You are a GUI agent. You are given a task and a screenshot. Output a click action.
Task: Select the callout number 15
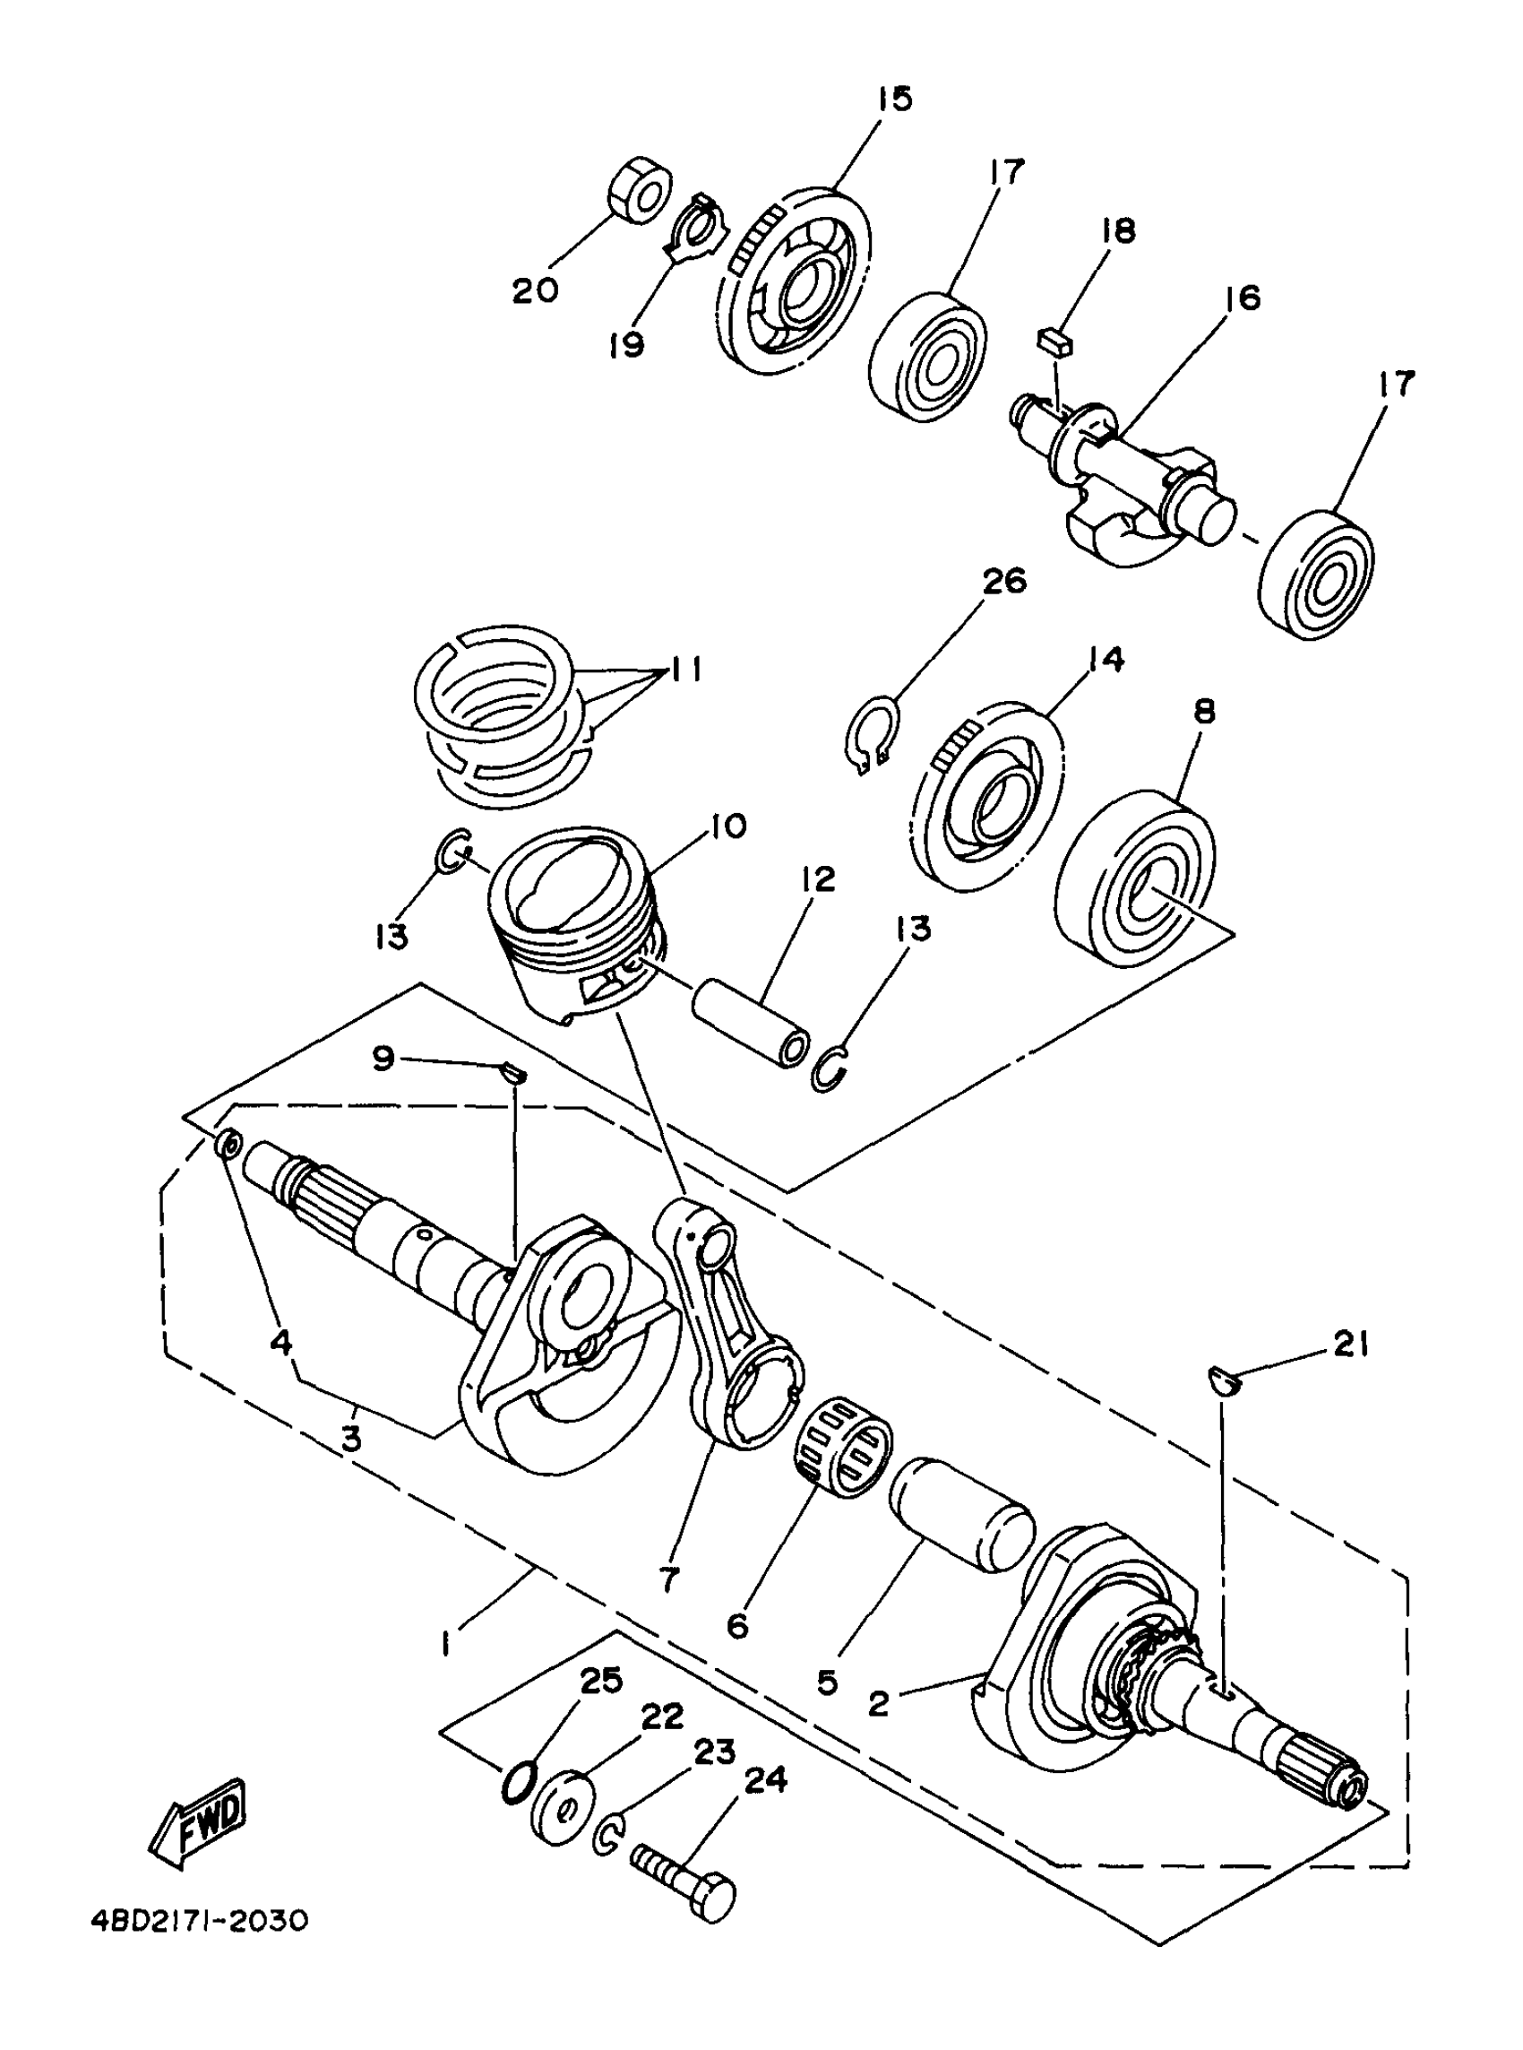pos(892,99)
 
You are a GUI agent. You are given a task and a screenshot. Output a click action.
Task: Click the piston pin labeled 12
pos(752,1021)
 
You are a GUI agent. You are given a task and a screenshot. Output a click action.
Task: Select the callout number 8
pos(1204,711)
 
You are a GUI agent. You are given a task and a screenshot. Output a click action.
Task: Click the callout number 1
pos(445,1643)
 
